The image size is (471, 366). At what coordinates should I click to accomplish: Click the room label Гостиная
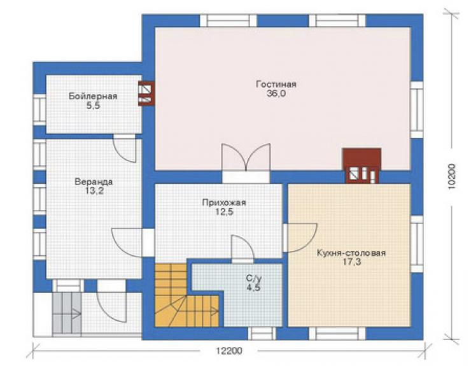tap(276, 84)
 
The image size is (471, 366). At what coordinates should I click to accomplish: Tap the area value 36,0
tap(276, 94)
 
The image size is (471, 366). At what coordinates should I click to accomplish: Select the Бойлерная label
tap(93, 97)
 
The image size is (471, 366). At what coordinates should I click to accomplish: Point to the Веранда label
tap(94, 182)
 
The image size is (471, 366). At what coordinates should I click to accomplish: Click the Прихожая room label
tap(224, 203)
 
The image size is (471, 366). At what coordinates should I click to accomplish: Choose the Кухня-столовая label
tap(351, 253)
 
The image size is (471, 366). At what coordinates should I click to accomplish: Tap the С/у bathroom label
tap(254, 279)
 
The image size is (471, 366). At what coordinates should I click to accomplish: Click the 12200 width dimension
tap(228, 351)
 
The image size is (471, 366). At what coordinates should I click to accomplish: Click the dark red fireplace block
tap(362, 165)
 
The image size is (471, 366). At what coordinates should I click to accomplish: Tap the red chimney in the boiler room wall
tap(146, 94)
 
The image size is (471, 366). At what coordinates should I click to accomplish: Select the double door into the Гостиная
tap(246, 163)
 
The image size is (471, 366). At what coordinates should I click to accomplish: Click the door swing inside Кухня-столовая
tap(300, 237)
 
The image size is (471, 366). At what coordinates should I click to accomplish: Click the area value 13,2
tap(94, 191)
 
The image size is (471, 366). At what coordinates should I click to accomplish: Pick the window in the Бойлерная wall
tap(39, 109)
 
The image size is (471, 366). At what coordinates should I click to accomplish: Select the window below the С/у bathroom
tap(262, 334)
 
